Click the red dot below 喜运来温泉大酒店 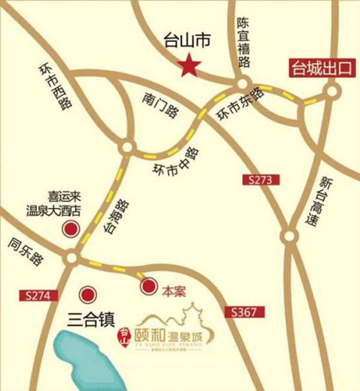click(x=71, y=229)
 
